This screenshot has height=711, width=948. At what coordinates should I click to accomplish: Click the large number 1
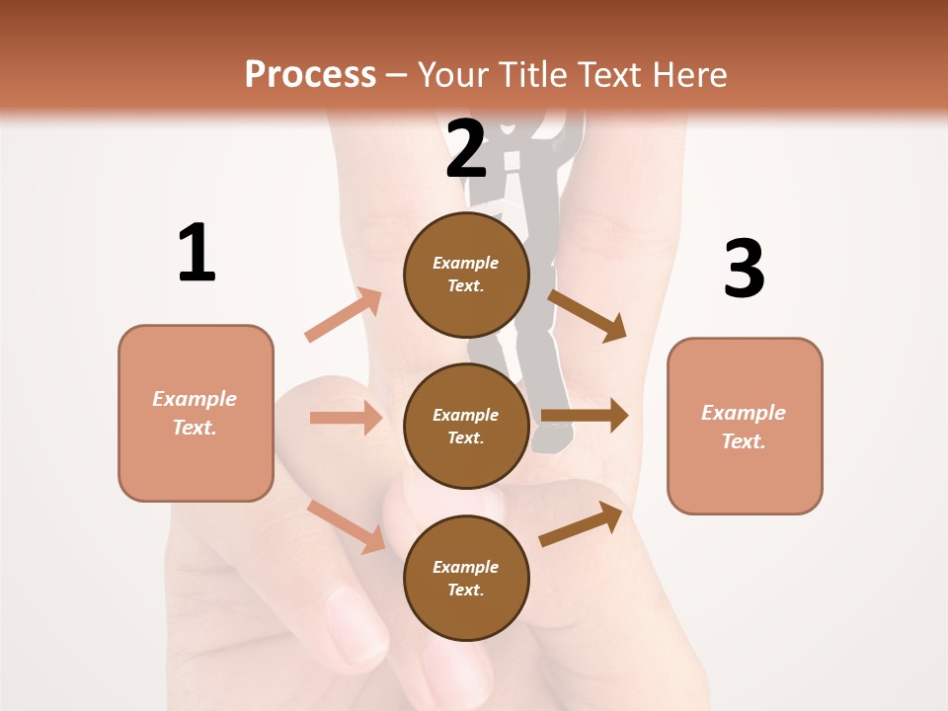point(197,253)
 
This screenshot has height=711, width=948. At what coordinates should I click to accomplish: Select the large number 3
point(745,270)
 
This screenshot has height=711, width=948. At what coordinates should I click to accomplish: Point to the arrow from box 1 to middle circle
point(346,418)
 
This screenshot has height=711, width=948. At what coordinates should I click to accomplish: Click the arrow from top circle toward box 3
point(588,315)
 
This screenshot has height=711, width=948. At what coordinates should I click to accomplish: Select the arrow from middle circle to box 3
point(584,416)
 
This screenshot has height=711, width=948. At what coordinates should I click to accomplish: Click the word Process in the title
point(310,74)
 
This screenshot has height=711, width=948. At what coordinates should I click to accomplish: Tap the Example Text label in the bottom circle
point(466,579)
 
